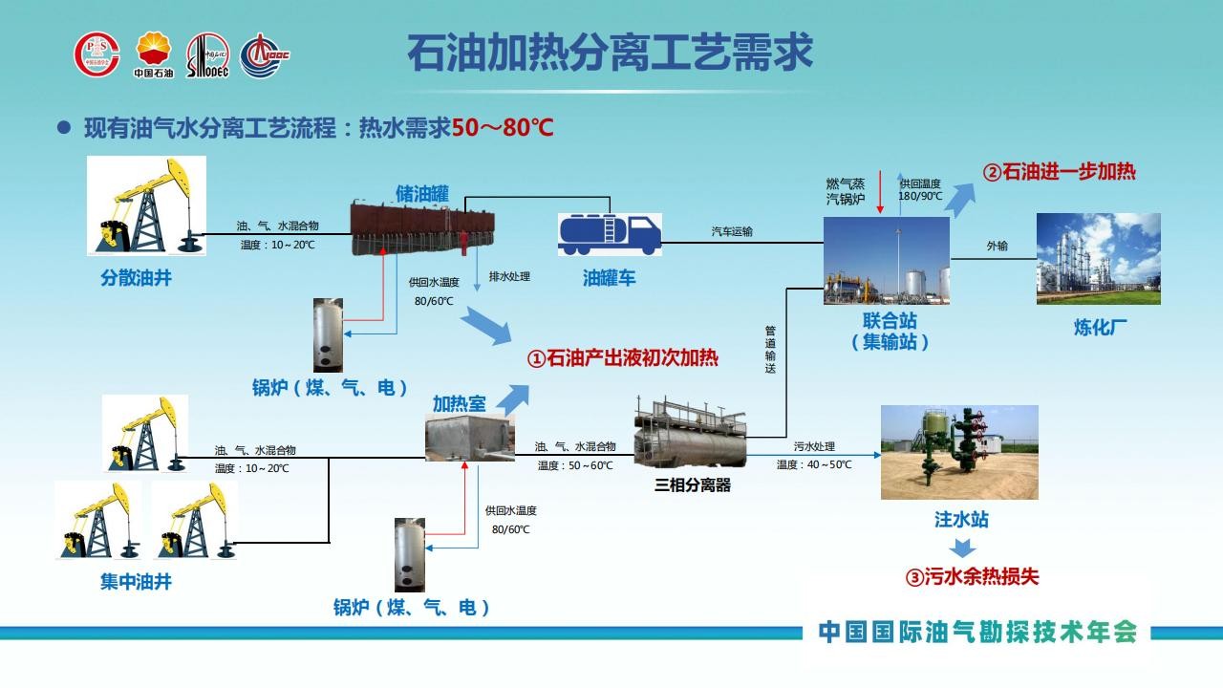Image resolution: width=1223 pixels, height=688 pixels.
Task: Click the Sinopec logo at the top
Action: (x=208, y=55)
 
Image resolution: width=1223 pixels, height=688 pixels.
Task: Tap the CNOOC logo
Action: (x=265, y=55)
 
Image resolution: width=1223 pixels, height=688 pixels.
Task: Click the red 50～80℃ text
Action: (x=503, y=128)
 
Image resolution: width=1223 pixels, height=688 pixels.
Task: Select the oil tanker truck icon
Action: (x=610, y=235)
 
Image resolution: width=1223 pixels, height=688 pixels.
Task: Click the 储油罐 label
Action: (x=422, y=194)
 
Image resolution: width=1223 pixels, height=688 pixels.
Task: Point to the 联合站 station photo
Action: (x=887, y=261)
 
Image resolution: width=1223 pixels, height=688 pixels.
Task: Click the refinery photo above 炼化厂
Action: (x=1099, y=259)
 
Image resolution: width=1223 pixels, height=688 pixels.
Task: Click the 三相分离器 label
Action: (x=693, y=484)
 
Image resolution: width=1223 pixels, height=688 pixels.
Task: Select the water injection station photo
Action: (x=959, y=452)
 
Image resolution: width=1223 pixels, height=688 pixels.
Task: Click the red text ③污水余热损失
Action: (x=972, y=576)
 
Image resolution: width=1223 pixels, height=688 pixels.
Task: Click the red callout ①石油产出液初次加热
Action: (x=622, y=358)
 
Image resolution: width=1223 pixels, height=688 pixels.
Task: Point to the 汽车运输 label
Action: (x=732, y=231)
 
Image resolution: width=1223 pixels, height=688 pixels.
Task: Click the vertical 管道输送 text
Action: (x=770, y=350)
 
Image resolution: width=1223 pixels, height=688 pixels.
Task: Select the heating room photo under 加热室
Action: (x=470, y=438)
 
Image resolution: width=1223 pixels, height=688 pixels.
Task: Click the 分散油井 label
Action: (x=136, y=278)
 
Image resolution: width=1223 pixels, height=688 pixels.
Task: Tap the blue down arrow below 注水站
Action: (x=962, y=548)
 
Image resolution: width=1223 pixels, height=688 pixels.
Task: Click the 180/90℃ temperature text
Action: (x=920, y=196)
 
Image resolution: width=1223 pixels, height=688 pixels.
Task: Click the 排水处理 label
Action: (x=509, y=276)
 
